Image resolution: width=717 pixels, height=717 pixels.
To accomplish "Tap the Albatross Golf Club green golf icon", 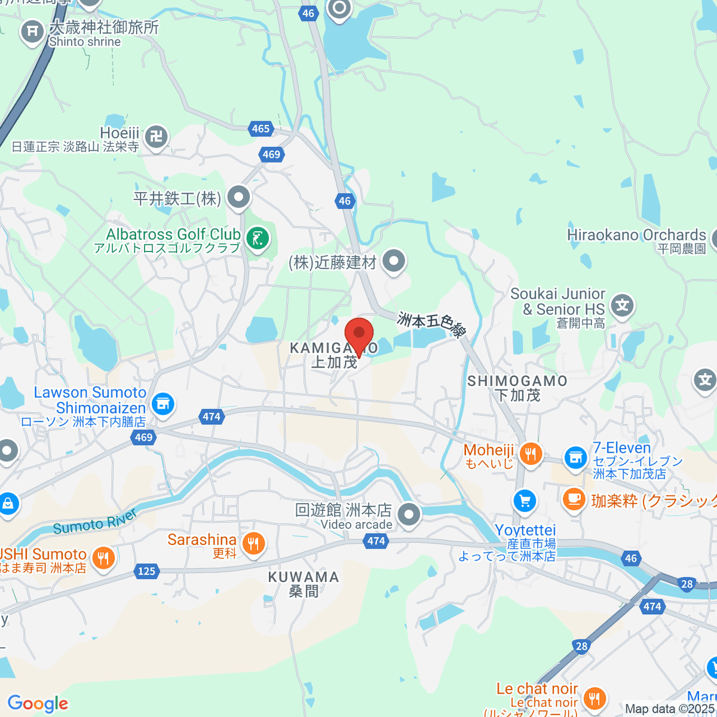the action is [258, 239].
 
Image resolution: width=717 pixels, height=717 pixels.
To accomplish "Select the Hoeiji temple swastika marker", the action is [157, 137].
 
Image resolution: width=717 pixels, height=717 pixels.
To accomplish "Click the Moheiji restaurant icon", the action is [530, 454].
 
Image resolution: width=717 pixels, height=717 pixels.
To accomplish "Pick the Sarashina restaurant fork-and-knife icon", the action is [253, 543].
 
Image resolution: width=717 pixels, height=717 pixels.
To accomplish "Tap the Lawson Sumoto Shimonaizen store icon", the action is [163, 404].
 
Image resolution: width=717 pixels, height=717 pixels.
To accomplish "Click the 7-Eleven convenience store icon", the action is [575, 458].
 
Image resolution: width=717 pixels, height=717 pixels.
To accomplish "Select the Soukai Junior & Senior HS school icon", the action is [623, 305].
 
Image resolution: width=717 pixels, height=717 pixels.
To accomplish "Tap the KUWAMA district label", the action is [304, 577].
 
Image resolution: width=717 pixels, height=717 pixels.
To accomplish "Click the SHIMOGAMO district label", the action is [517, 381].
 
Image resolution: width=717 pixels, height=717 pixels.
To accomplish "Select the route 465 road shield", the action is [261, 128].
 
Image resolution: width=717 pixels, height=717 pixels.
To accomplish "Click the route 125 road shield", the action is [146, 571].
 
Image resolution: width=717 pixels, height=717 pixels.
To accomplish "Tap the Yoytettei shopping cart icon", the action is [525, 501].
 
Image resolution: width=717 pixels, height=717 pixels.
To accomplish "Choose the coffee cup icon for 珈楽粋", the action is [574, 498].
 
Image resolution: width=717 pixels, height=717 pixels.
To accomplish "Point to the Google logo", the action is [38, 703].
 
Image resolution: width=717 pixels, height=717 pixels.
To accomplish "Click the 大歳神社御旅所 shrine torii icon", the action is [32, 30].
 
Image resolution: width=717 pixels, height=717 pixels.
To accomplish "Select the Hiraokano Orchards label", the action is [636, 235].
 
